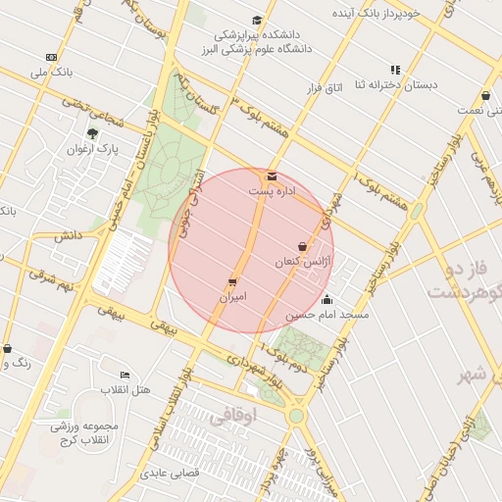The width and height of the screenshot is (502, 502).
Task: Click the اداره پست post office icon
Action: [272, 176]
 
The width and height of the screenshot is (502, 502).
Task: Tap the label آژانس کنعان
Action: [304, 263]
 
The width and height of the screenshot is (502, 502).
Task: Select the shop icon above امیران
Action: [232, 281]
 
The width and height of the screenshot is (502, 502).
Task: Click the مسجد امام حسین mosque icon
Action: [326, 300]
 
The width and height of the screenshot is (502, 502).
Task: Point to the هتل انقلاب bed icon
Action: [125, 375]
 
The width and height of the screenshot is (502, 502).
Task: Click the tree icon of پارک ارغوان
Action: [92, 133]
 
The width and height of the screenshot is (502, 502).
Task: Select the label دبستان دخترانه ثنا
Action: [397, 85]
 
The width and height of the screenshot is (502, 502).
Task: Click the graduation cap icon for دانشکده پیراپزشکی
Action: [257, 20]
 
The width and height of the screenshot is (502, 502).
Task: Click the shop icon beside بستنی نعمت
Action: [486, 96]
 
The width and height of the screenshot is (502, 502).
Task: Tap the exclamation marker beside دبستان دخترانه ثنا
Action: [395, 70]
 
